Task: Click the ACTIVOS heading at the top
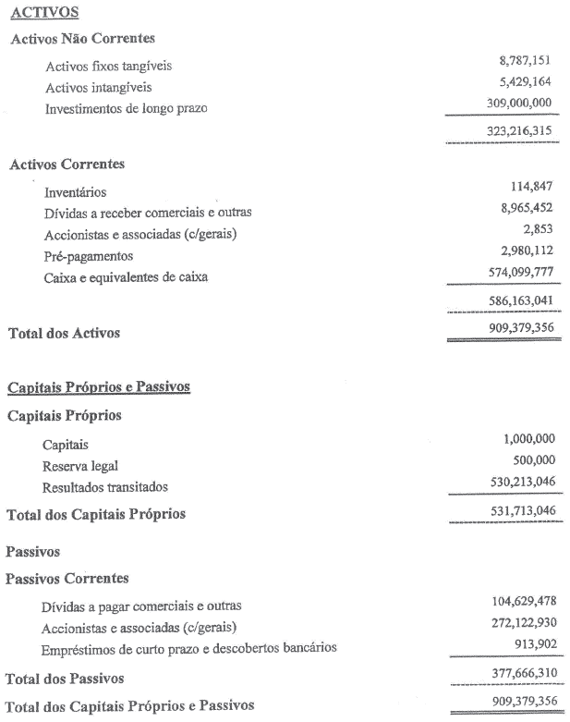coord(43,12)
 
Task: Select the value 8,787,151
coord(525,61)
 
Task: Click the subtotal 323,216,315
coord(518,131)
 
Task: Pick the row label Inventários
coord(75,192)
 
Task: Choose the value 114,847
coord(531,188)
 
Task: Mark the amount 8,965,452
coord(525,208)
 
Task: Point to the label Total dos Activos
coord(64,333)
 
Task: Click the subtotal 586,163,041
coord(518,301)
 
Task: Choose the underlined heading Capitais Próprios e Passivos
coord(99,387)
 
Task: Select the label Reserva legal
coord(80,466)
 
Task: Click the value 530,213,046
coord(518,482)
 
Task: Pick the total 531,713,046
coord(518,511)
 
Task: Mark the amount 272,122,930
coord(518,623)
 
